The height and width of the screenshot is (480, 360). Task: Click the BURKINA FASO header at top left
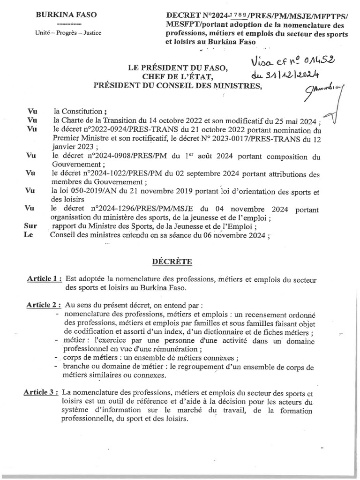coord(67,15)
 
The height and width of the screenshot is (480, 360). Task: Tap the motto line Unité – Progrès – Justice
coord(67,33)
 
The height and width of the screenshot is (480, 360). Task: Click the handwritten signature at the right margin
coord(326,96)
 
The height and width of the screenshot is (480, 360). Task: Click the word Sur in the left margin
coord(30,227)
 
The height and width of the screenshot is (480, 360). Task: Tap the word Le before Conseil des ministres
coord(29,236)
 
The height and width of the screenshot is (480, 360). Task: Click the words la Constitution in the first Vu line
coord(78,112)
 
